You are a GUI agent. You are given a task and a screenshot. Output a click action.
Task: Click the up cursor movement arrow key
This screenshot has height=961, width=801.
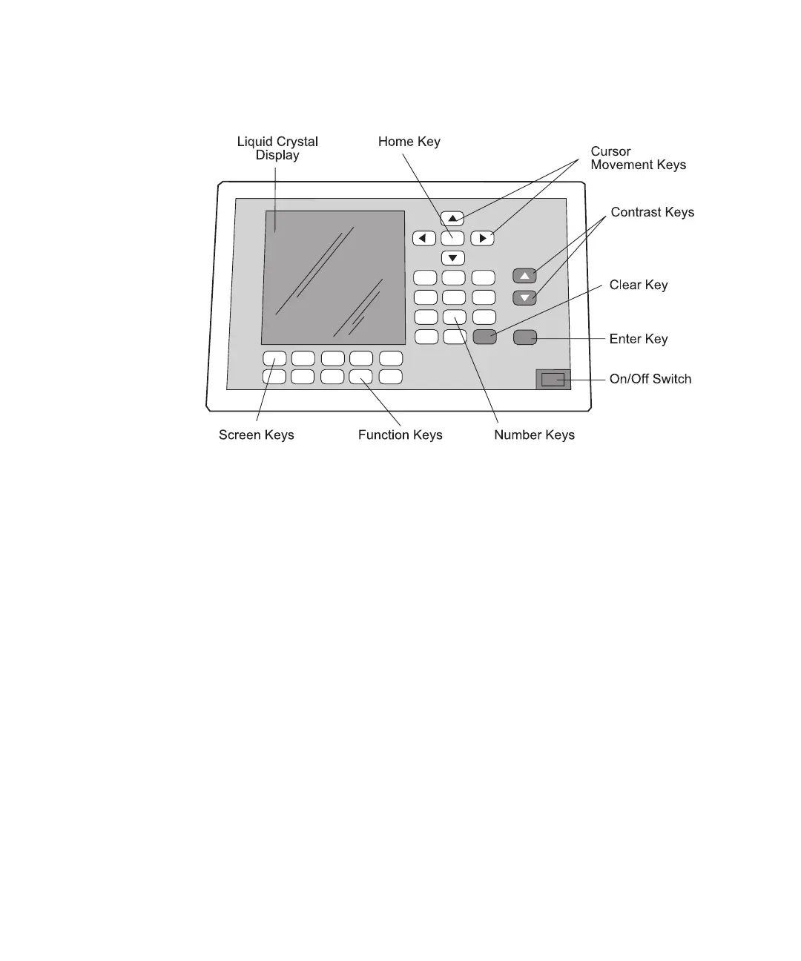click(452, 219)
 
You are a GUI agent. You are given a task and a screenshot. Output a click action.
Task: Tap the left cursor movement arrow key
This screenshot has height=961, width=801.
click(423, 238)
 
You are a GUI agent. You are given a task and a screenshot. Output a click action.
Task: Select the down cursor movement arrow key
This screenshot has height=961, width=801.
click(452, 258)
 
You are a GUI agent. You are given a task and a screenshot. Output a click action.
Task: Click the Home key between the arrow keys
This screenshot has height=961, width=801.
click(452, 238)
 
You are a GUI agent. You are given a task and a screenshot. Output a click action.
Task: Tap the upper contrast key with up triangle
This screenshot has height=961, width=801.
click(524, 276)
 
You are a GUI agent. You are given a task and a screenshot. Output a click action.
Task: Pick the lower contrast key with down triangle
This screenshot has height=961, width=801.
click(524, 298)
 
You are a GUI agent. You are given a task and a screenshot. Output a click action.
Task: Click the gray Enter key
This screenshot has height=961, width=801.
click(524, 338)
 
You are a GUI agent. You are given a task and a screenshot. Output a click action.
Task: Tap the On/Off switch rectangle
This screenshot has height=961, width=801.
click(553, 380)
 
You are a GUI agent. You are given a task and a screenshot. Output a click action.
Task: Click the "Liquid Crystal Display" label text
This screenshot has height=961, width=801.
click(277, 148)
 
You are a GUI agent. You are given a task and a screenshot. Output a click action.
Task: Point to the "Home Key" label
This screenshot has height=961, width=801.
click(409, 142)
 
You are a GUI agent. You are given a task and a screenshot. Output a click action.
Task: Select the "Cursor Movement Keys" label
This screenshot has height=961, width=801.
click(638, 158)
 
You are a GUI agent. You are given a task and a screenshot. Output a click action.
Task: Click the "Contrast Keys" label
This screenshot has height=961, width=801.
click(652, 212)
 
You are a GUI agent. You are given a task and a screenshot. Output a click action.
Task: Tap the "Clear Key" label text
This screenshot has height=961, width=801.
click(638, 285)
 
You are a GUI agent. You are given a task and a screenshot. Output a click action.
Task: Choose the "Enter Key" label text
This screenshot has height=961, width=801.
click(638, 339)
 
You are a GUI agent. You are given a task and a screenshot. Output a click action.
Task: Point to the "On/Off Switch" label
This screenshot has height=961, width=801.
click(650, 379)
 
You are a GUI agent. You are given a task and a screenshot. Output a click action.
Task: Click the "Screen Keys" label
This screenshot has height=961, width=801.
click(256, 435)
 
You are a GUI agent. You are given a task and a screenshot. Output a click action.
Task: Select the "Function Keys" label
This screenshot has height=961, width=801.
click(400, 435)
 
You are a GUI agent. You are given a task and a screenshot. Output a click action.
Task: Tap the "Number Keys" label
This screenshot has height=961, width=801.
click(534, 435)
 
